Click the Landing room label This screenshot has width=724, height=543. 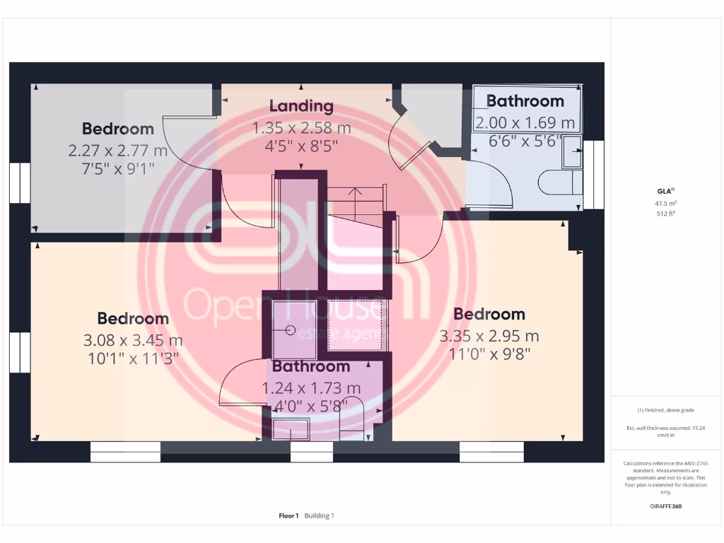[301, 106]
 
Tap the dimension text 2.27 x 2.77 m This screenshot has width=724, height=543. [117, 150]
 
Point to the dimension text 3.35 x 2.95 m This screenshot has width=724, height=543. [489, 336]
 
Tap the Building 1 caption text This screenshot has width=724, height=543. [319, 516]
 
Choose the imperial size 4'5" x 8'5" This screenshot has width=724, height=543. [301, 146]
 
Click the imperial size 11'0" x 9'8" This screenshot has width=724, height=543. [489, 353]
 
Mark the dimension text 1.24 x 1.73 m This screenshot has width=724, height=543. [311, 388]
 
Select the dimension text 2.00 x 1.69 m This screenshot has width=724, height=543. [525, 123]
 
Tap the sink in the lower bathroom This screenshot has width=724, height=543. [291, 428]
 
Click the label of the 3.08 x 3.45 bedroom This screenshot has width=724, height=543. [133, 319]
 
